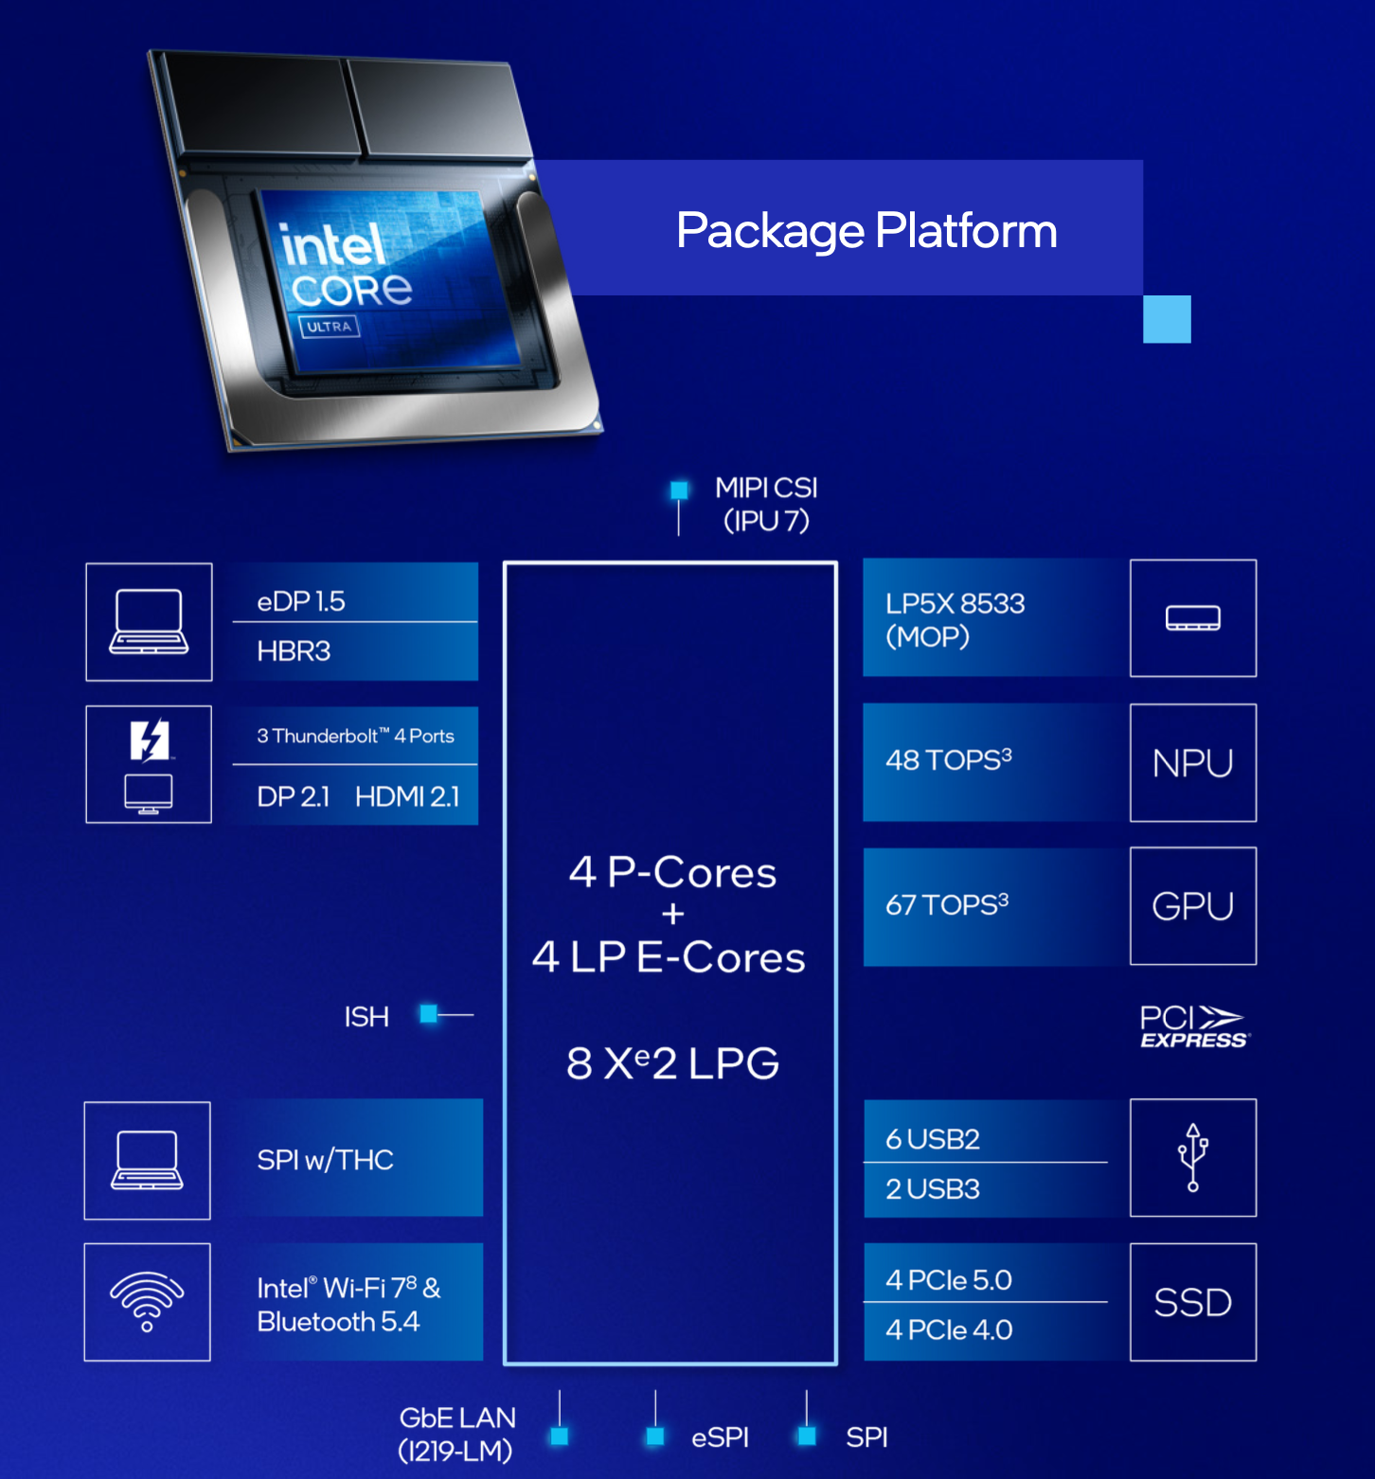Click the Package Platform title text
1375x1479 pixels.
tap(866, 230)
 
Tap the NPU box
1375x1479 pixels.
tap(1192, 763)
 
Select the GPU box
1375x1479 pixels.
tap(1192, 906)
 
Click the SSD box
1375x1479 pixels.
tap(1192, 1303)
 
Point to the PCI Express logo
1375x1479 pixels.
tap(1193, 1027)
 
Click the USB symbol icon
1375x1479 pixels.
tap(1192, 1157)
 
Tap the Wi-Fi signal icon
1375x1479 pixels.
tap(147, 1301)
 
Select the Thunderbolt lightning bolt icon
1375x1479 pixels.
tap(150, 740)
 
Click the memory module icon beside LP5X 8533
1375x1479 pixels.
tap(1192, 618)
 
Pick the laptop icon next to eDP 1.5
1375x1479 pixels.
tap(149, 621)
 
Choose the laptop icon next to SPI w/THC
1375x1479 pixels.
tap(147, 1160)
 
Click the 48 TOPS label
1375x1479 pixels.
tap(948, 759)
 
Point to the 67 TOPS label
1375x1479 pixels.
tap(946, 904)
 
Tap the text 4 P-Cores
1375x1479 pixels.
tap(672, 872)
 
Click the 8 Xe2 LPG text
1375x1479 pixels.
tap(672, 1063)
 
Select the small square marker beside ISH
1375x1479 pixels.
tap(429, 1014)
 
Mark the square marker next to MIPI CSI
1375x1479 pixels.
tap(679, 490)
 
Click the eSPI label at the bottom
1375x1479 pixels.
tap(720, 1437)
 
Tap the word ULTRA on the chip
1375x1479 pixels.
tap(329, 327)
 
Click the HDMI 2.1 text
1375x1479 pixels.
tap(407, 796)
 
